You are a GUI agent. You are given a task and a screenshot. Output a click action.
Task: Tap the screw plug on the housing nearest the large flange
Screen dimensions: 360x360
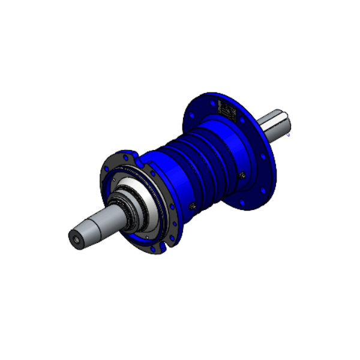241,175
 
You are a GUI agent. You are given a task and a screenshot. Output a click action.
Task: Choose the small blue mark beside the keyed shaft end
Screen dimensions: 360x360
289,136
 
